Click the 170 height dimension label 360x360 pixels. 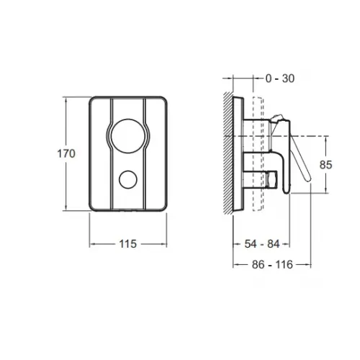tap(66, 153)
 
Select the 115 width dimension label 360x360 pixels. tap(128, 244)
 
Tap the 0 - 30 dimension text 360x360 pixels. tap(280, 78)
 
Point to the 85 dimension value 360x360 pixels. tap(325, 165)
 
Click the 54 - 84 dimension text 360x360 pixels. tap(262, 244)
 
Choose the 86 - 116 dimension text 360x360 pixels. tap(272, 265)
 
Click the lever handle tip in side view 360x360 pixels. tap(308, 179)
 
